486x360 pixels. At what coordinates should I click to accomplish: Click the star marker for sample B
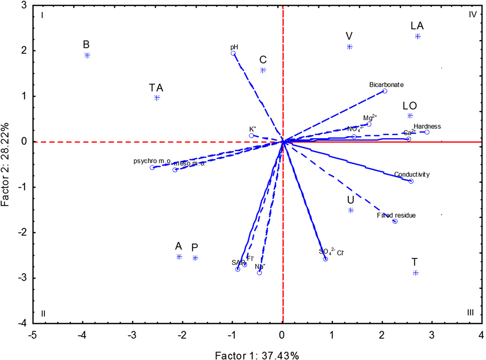click(x=87, y=55)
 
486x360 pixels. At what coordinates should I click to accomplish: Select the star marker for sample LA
click(x=418, y=36)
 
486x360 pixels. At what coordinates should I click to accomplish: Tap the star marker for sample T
click(x=415, y=273)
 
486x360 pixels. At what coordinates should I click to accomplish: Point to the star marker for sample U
click(x=351, y=210)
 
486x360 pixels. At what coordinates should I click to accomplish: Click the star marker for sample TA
click(x=157, y=98)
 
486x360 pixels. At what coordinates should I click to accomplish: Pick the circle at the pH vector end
click(x=233, y=53)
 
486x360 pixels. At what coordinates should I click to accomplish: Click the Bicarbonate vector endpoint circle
click(x=385, y=91)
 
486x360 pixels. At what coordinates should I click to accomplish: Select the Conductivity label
click(x=412, y=175)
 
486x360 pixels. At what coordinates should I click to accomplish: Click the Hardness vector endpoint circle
click(x=427, y=132)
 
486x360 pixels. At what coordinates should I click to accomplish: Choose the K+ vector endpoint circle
click(x=251, y=135)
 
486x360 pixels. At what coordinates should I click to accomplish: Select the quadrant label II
click(x=44, y=314)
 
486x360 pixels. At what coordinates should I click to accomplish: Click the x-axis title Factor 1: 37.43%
click(x=257, y=345)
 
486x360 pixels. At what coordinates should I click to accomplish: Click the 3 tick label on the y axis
click(x=24, y=5)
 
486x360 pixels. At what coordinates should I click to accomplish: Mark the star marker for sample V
click(x=350, y=47)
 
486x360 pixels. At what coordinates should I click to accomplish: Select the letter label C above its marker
click(x=263, y=60)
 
